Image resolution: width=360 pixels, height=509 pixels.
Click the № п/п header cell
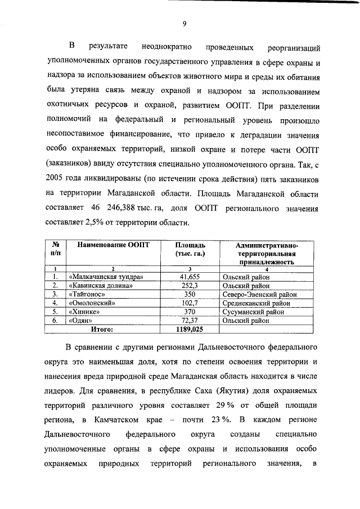pyautogui.click(x=56, y=249)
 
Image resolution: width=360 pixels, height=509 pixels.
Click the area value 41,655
pyautogui.click(x=190, y=277)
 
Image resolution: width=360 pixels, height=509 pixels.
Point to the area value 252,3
pyautogui.click(x=190, y=285)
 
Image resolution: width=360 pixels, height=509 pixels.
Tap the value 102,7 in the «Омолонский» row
pyautogui.click(x=190, y=303)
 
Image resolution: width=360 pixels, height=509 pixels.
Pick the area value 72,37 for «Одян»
pyautogui.click(x=190, y=320)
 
